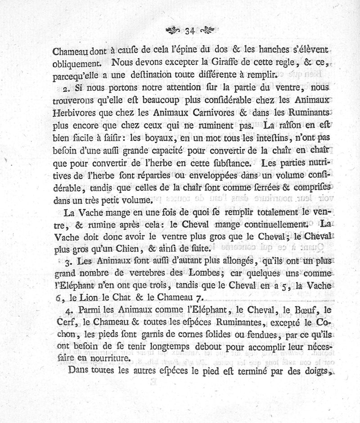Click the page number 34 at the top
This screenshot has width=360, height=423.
click(189, 31)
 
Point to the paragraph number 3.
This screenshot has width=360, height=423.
click(67, 261)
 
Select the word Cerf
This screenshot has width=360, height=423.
click(64, 323)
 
